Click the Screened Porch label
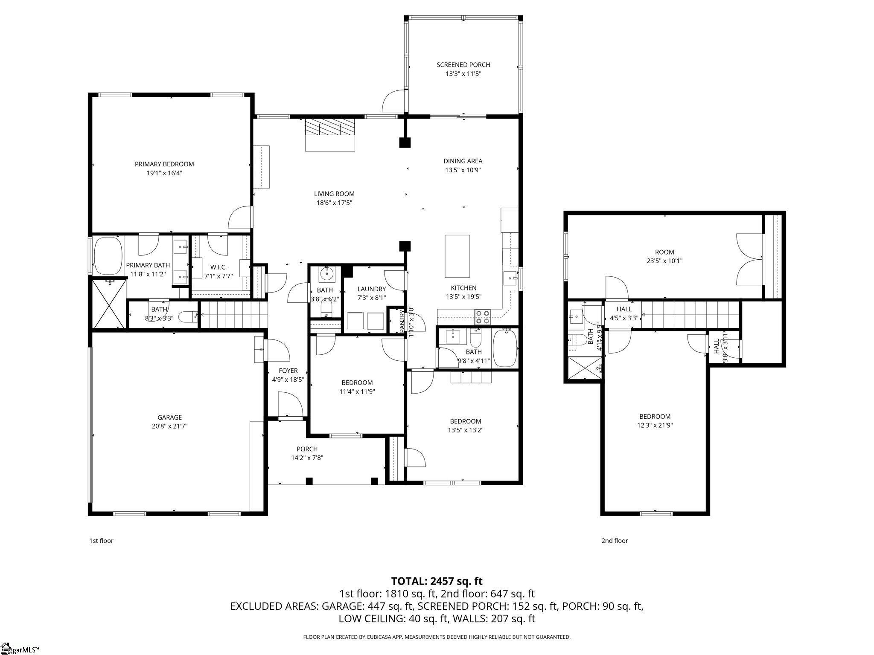click(x=463, y=65)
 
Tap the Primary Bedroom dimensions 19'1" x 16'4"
click(x=164, y=173)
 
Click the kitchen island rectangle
click(x=457, y=256)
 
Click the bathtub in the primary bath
click(x=107, y=256)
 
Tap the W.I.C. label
click(x=218, y=267)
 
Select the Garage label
click(x=169, y=417)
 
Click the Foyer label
click(x=288, y=371)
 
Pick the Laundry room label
click(x=371, y=289)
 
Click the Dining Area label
click(x=463, y=161)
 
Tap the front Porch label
click(x=307, y=449)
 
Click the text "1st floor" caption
click(x=101, y=541)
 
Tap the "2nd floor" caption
click(x=615, y=541)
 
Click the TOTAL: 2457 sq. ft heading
click(x=437, y=581)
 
